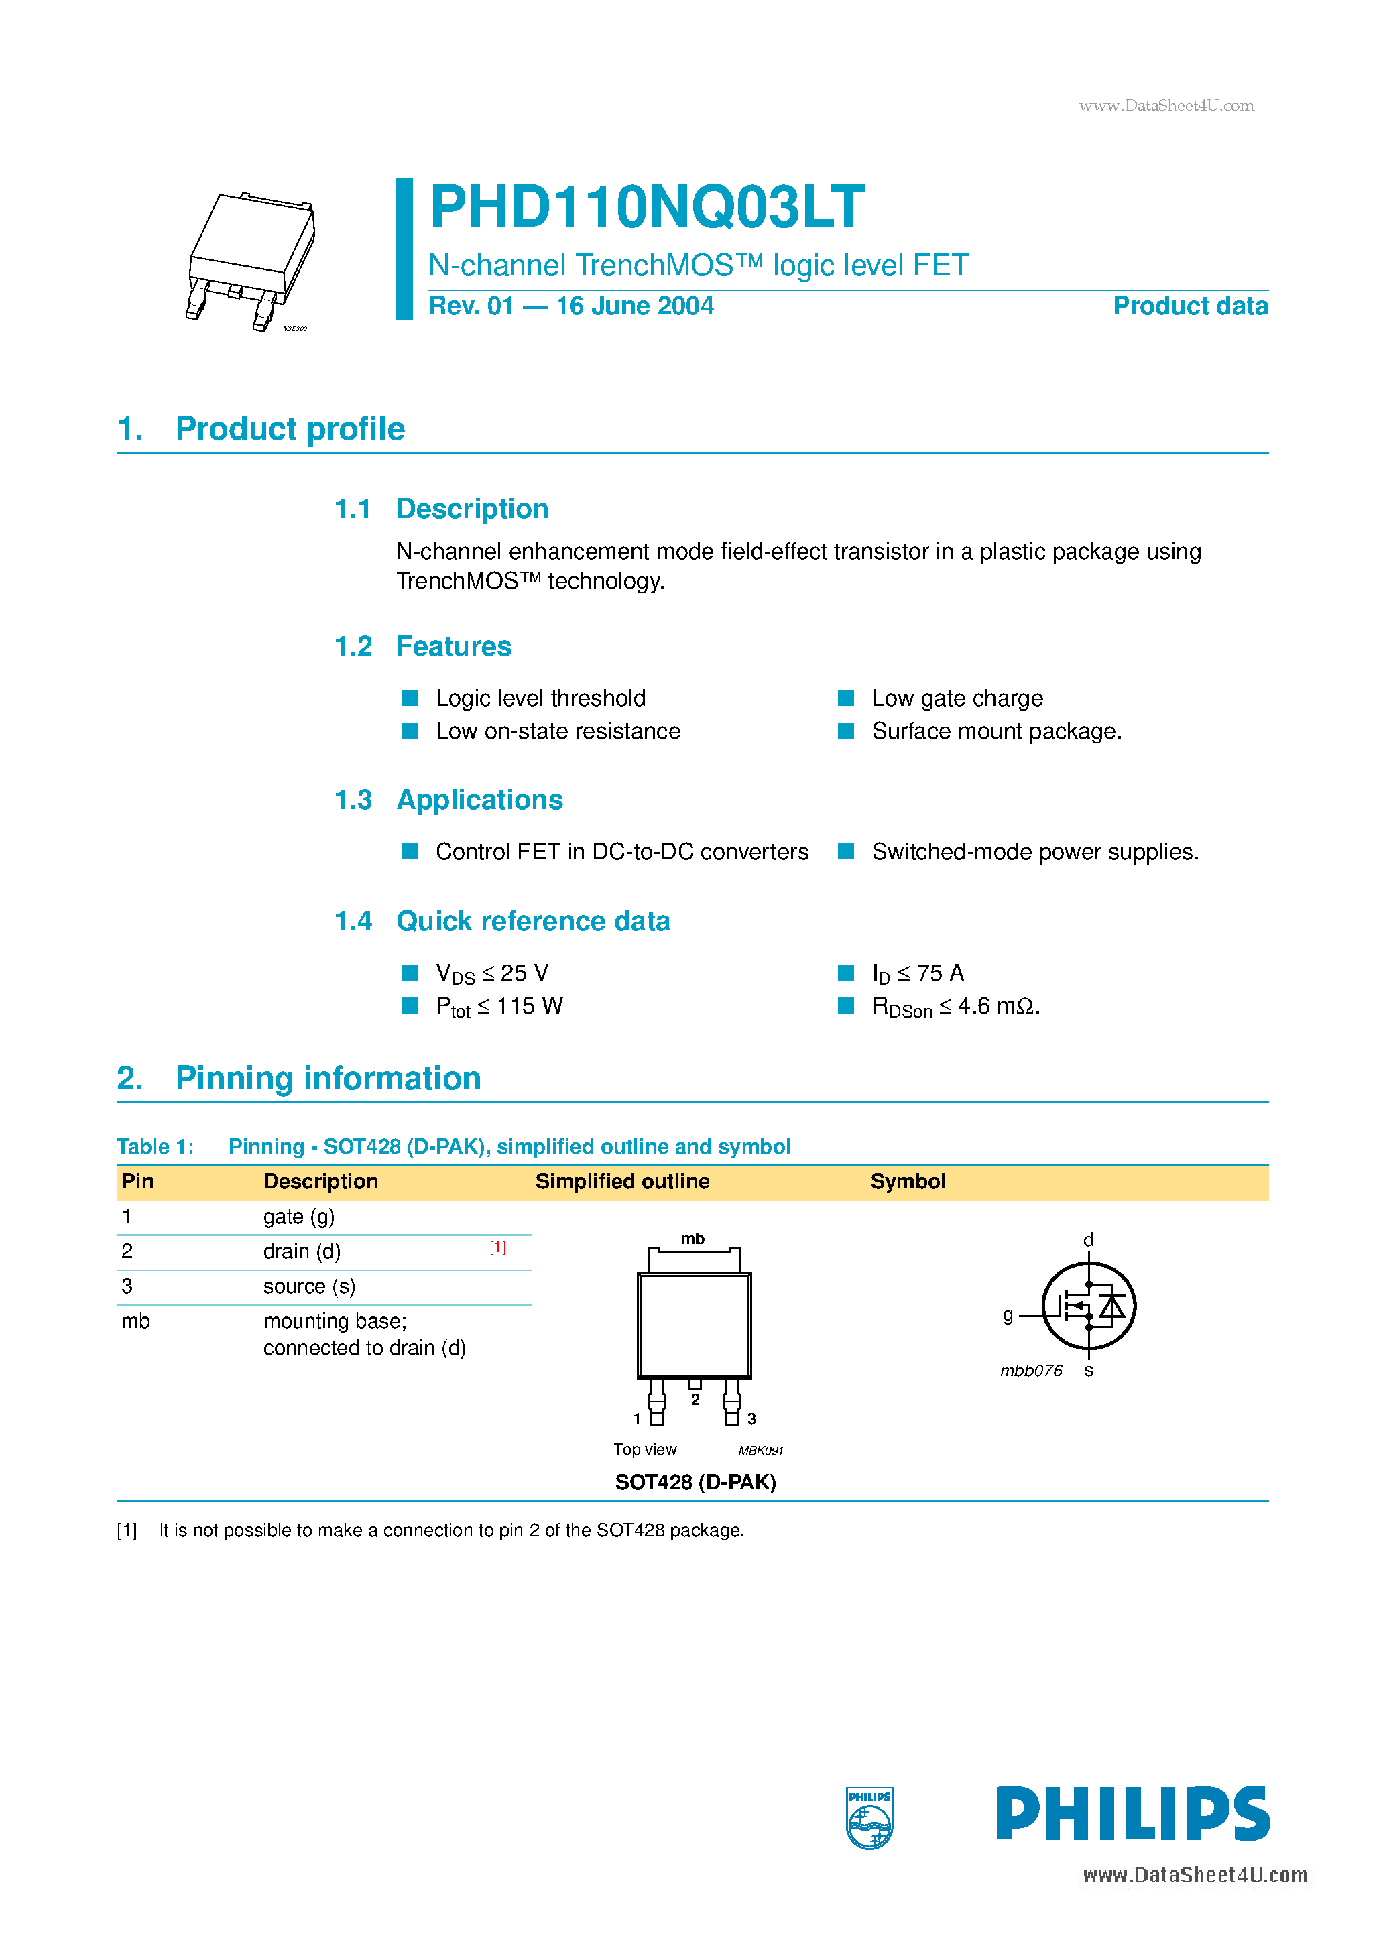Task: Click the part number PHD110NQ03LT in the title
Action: tap(646, 207)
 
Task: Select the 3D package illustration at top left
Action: tap(251, 260)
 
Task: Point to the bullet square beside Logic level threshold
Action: tap(410, 698)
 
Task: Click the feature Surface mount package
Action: tap(996, 731)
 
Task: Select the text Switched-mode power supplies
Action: tap(1035, 852)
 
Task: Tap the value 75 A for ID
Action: tap(939, 973)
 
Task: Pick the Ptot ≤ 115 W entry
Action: tap(499, 1006)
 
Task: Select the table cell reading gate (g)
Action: tap(299, 1217)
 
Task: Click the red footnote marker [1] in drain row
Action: tap(498, 1248)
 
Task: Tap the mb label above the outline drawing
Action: tap(692, 1239)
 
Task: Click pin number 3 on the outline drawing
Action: tap(751, 1419)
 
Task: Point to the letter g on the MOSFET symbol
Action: tap(1008, 1314)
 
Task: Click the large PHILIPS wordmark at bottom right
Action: tap(1132, 1813)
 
